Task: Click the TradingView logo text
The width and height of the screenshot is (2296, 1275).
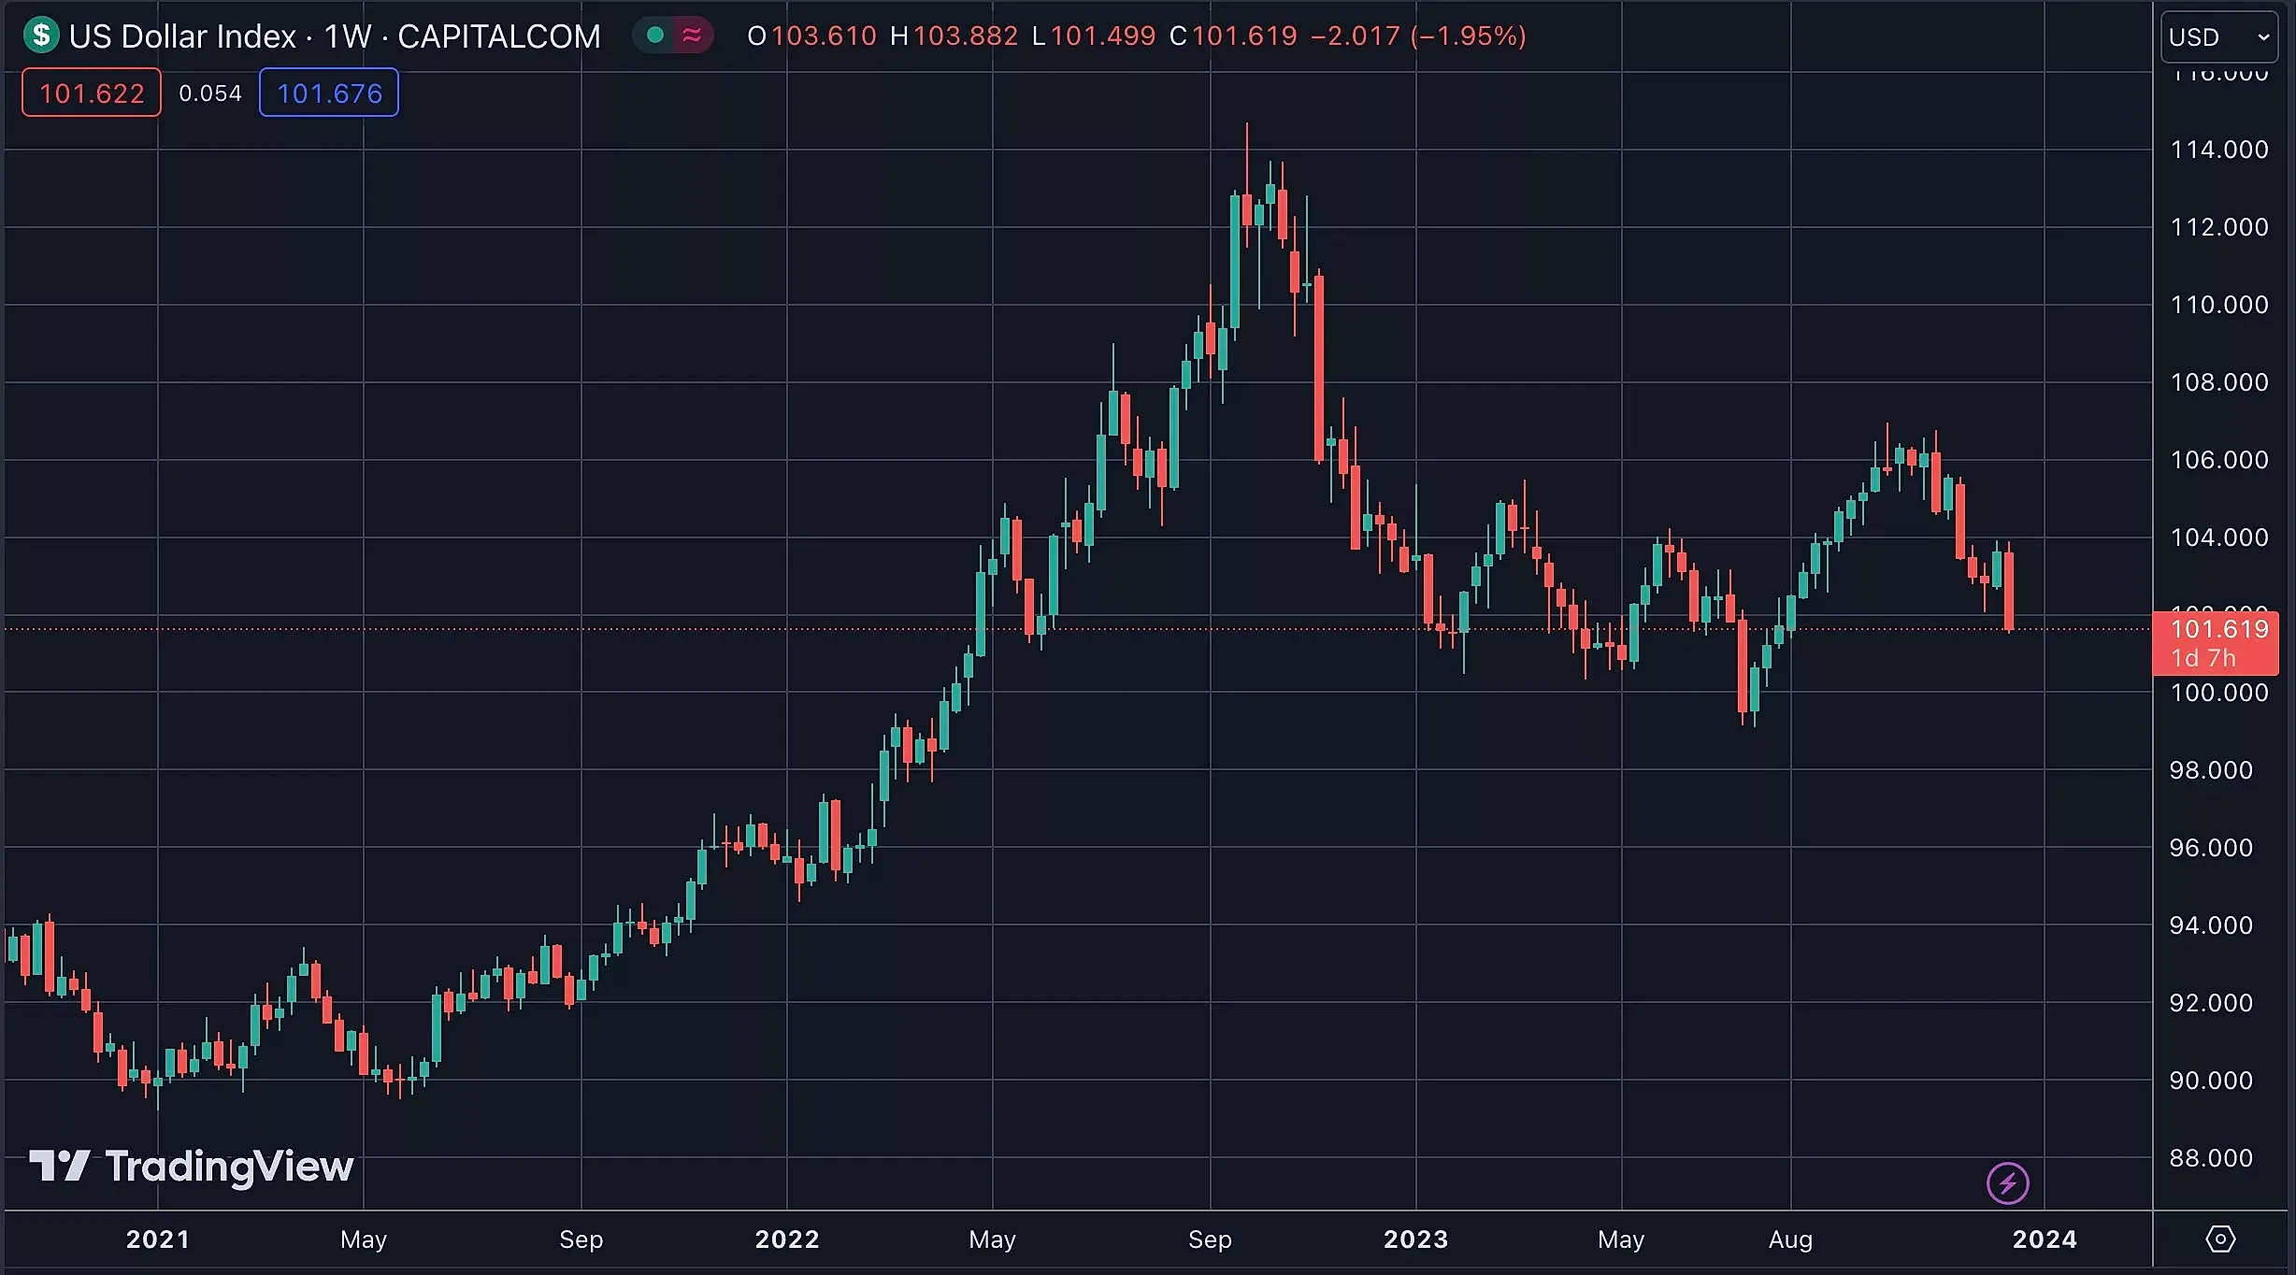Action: (x=229, y=1167)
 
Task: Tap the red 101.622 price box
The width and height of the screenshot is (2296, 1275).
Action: (x=92, y=93)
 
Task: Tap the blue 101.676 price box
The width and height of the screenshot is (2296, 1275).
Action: (x=329, y=93)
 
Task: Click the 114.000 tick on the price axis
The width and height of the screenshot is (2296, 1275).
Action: (x=2218, y=150)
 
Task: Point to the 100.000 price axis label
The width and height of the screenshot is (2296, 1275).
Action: (x=2218, y=693)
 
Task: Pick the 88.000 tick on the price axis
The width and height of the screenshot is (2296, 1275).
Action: (x=2210, y=1158)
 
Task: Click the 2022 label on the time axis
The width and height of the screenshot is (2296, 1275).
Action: (x=787, y=1239)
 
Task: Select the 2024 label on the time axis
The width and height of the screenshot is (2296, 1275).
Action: (x=2045, y=1239)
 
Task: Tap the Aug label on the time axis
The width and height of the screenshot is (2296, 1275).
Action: (x=1790, y=1239)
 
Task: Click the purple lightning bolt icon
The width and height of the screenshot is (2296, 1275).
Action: (x=2007, y=1183)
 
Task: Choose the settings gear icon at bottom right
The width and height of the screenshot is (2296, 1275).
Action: (x=2220, y=1239)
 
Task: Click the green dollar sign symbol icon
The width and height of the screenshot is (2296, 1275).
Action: (x=41, y=36)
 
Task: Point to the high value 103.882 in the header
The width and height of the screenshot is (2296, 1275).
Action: (x=965, y=36)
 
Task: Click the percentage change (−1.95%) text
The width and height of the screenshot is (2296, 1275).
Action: (x=1468, y=36)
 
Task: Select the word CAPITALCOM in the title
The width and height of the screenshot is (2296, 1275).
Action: (x=498, y=36)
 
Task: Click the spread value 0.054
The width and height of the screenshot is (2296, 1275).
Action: (x=210, y=93)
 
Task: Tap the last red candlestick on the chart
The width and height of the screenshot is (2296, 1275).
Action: (x=2009, y=591)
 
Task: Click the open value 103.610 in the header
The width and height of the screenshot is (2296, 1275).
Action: (x=824, y=36)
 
